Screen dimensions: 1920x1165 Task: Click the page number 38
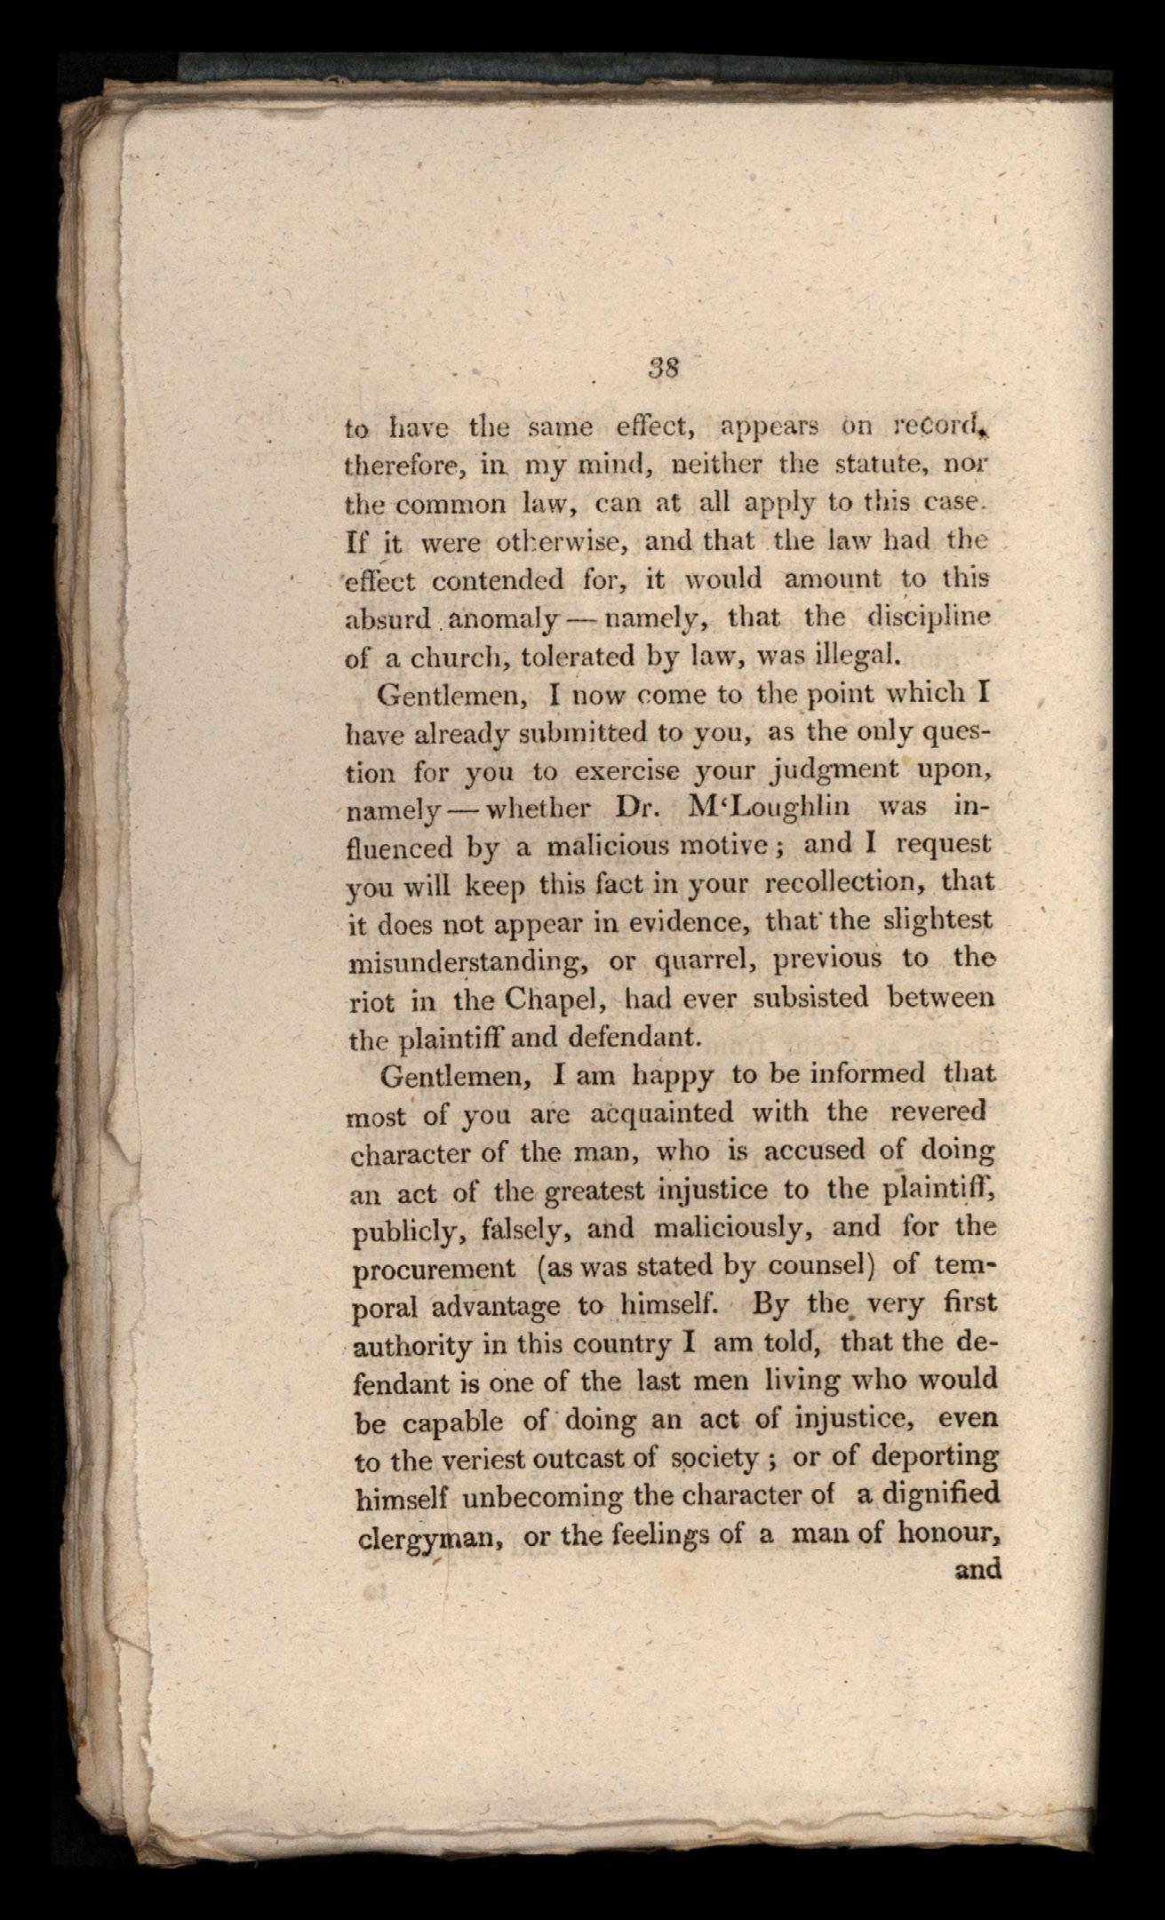click(664, 367)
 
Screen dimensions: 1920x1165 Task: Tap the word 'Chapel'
click(555, 999)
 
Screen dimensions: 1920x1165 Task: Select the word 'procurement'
click(435, 1268)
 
